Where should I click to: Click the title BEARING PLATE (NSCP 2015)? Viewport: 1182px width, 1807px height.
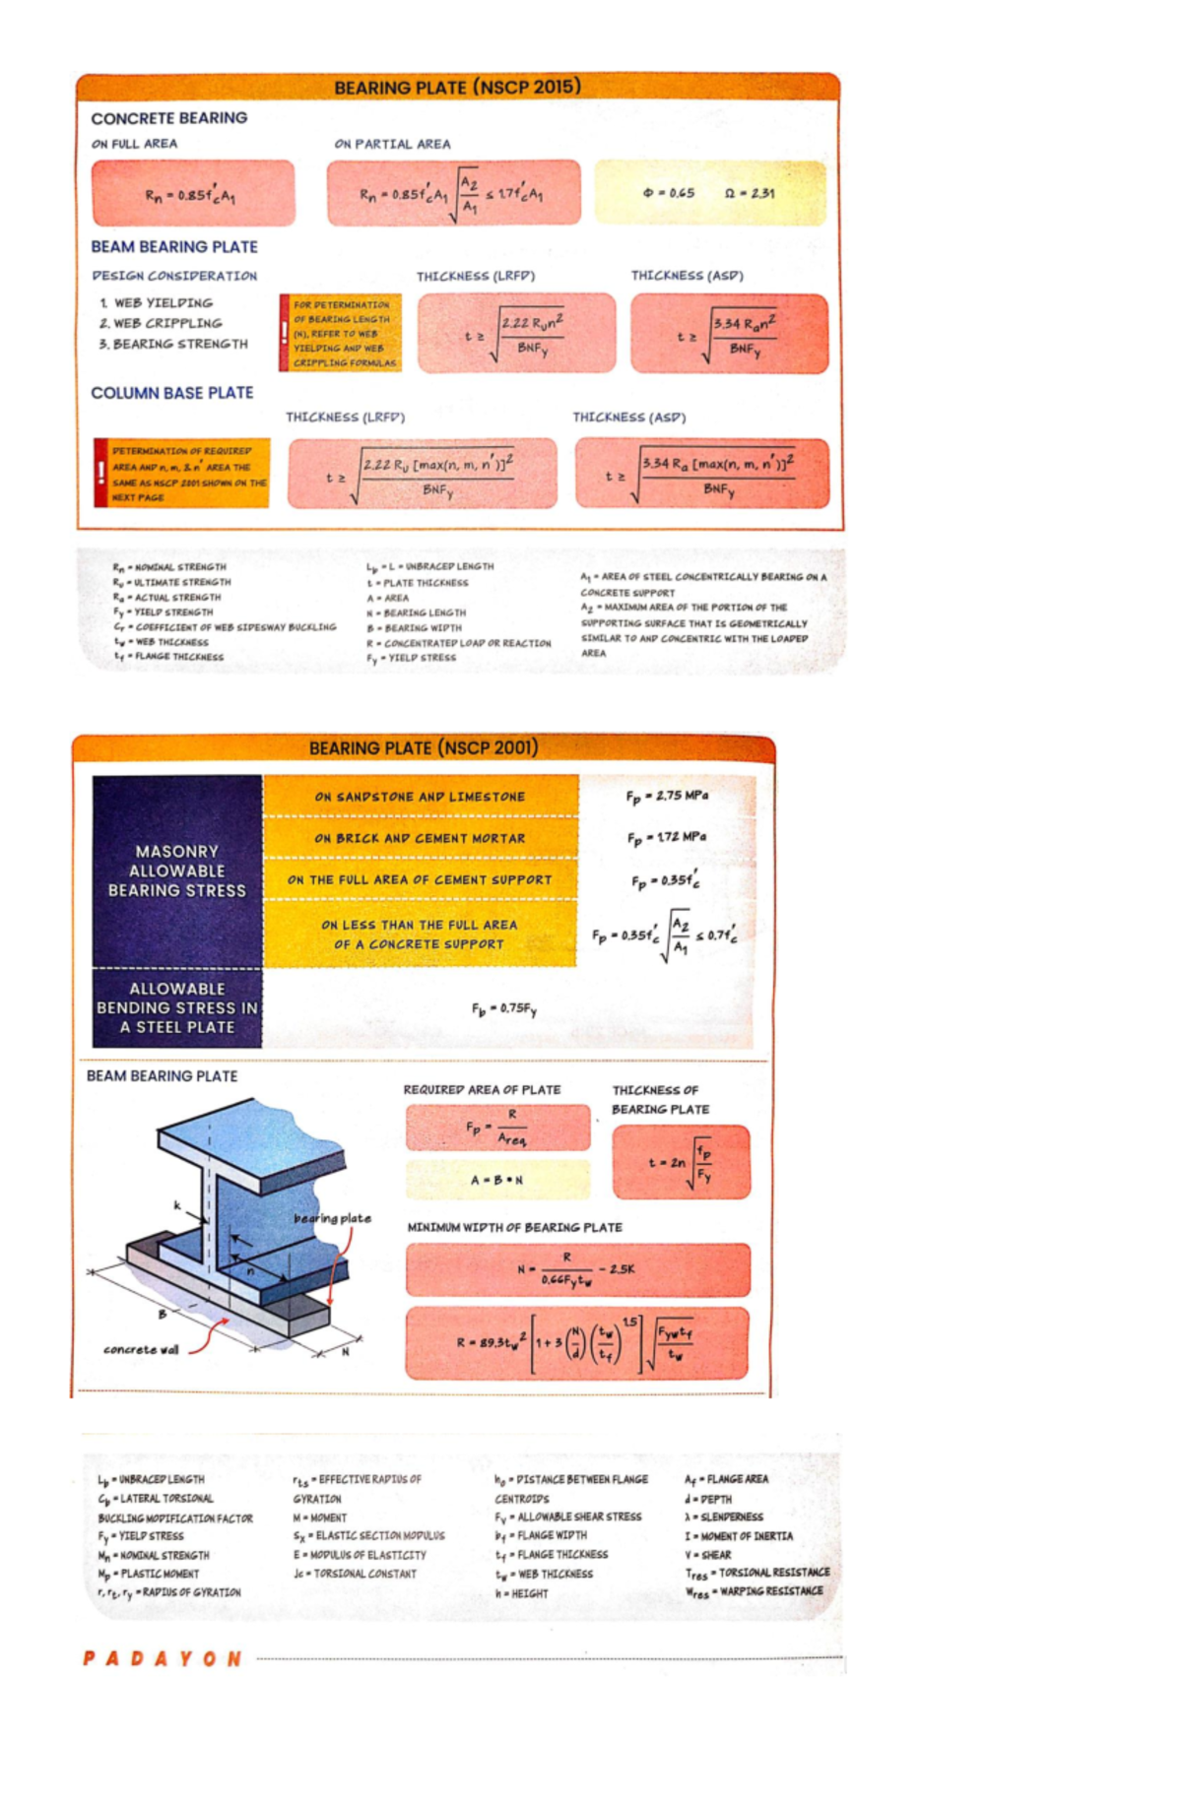click(x=457, y=87)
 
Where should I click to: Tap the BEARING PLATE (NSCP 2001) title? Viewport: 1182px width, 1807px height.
click(x=424, y=747)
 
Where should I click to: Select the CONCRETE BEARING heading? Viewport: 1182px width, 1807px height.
click(x=169, y=118)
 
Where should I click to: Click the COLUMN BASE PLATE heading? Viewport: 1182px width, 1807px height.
click(x=172, y=393)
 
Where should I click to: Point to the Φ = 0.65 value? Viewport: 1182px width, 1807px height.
click(x=669, y=193)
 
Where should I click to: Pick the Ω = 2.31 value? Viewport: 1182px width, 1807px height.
click(x=750, y=193)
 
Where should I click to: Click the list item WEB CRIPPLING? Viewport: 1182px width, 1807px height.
click(x=161, y=323)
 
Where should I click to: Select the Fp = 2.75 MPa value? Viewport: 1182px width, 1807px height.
click(x=667, y=796)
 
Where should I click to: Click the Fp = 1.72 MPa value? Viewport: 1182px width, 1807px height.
click(x=667, y=837)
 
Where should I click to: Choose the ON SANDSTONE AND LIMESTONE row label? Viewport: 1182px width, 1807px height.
click(x=420, y=797)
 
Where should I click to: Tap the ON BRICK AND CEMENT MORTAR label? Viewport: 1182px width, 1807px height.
click(x=420, y=838)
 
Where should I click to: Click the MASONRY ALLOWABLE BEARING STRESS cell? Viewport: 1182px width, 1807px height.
click(x=177, y=871)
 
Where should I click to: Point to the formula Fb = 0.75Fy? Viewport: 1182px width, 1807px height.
click(x=504, y=1008)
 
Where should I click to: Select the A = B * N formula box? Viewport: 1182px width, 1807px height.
click(x=497, y=1180)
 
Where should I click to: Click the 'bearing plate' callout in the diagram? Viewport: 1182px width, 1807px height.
click(x=332, y=1218)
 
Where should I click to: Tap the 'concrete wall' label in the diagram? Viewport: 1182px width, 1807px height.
click(x=141, y=1349)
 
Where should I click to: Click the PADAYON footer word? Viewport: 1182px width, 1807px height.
click(x=163, y=1658)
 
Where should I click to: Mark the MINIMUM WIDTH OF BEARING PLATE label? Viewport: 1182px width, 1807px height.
click(x=515, y=1227)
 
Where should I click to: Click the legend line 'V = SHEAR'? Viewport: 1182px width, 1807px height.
click(x=708, y=1555)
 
